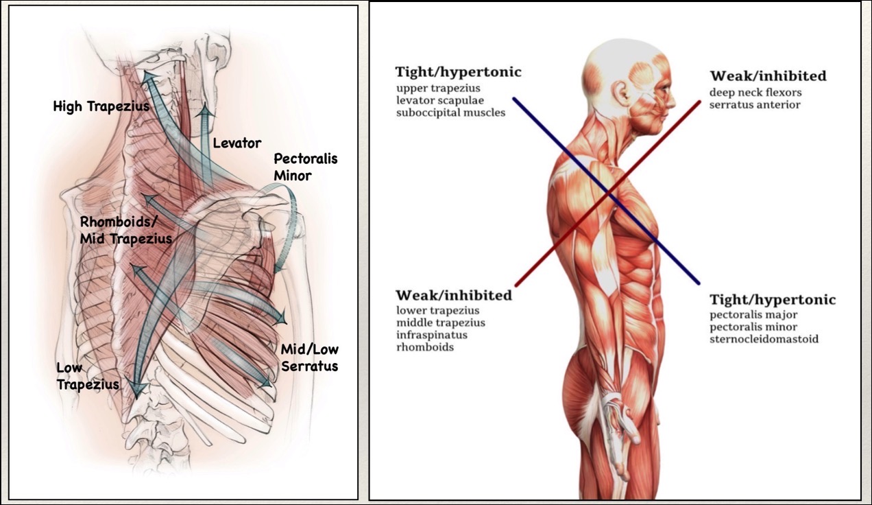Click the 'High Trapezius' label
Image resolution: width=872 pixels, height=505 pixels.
click(x=101, y=106)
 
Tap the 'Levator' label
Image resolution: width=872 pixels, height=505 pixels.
click(x=237, y=143)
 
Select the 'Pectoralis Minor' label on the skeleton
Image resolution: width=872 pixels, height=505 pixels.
click(x=306, y=167)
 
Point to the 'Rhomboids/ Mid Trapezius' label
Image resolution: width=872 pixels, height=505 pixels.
click(x=125, y=230)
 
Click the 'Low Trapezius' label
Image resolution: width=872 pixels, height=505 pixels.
click(x=88, y=377)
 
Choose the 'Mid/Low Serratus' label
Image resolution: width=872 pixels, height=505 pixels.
click(x=309, y=357)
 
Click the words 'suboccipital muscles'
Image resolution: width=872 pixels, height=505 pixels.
click(x=450, y=113)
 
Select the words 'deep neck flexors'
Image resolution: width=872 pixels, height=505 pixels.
click(x=755, y=93)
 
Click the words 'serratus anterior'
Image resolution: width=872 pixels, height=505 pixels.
click(x=755, y=105)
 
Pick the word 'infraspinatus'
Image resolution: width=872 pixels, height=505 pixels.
click(x=432, y=335)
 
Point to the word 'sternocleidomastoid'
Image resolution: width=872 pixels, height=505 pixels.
click(x=764, y=339)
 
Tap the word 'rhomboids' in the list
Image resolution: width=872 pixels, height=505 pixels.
click(x=424, y=347)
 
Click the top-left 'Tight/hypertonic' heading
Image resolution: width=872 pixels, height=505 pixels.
click(x=458, y=72)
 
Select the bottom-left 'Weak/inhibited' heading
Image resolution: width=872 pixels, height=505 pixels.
click(x=453, y=296)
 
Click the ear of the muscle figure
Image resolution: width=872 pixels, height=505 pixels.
click(x=621, y=93)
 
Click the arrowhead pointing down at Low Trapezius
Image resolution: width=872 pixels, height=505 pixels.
click(x=138, y=390)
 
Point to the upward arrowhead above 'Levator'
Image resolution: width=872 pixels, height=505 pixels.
click(x=204, y=110)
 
